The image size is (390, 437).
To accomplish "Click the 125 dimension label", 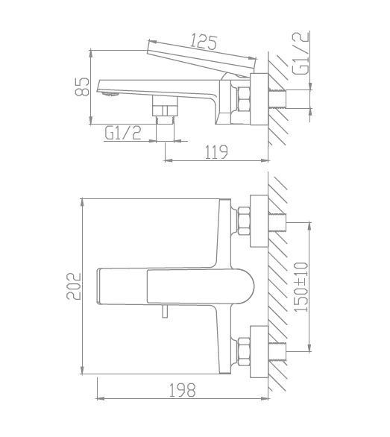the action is pyautogui.click(x=204, y=43).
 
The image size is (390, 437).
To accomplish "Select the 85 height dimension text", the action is pyautogui.click(x=83, y=87).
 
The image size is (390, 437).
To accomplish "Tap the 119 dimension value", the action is pyautogui.click(x=216, y=152).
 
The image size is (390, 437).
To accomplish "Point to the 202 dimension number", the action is pyautogui.click(x=74, y=286).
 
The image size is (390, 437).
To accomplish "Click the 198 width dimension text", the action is pyautogui.click(x=182, y=390).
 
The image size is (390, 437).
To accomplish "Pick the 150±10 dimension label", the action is pyautogui.click(x=301, y=287).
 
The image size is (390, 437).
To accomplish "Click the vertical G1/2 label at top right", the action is pyautogui.click(x=301, y=53).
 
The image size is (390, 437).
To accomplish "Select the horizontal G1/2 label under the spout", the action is pyautogui.click(x=123, y=133).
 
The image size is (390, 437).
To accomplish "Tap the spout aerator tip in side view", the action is pyautogui.click(x=111, y=94).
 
